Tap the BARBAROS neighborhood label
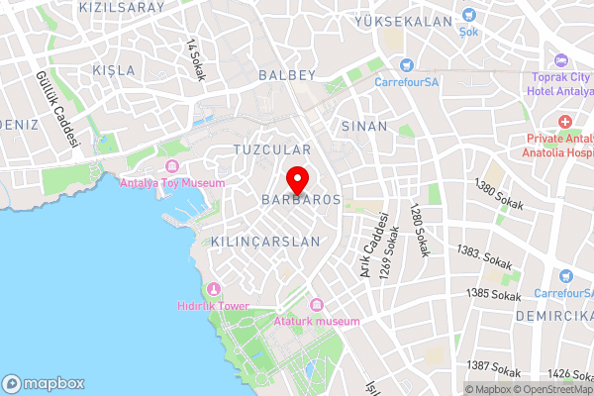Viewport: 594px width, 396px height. click(x=301, y=200)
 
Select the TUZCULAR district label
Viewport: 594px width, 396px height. click(x=271, y=149)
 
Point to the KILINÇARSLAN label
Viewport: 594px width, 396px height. click(x=266, y=242)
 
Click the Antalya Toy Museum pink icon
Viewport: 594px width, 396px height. click(x=172, y=166)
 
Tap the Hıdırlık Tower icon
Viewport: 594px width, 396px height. click(x=213, y=289)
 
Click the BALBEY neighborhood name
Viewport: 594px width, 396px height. click(x=286, y=74)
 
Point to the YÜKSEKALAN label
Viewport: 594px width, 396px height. click(x=403, y=21)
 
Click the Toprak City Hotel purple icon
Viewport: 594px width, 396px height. click(x=561, y=61)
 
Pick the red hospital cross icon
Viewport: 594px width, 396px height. click(x=565, y=122)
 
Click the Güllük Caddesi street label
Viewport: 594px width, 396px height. click(x=56, y=109)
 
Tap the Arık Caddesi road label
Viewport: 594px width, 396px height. click(x=372, y=246)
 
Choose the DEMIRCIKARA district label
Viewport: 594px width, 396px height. click(x=552, y=315)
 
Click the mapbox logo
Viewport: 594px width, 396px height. click(x=44, y=383)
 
